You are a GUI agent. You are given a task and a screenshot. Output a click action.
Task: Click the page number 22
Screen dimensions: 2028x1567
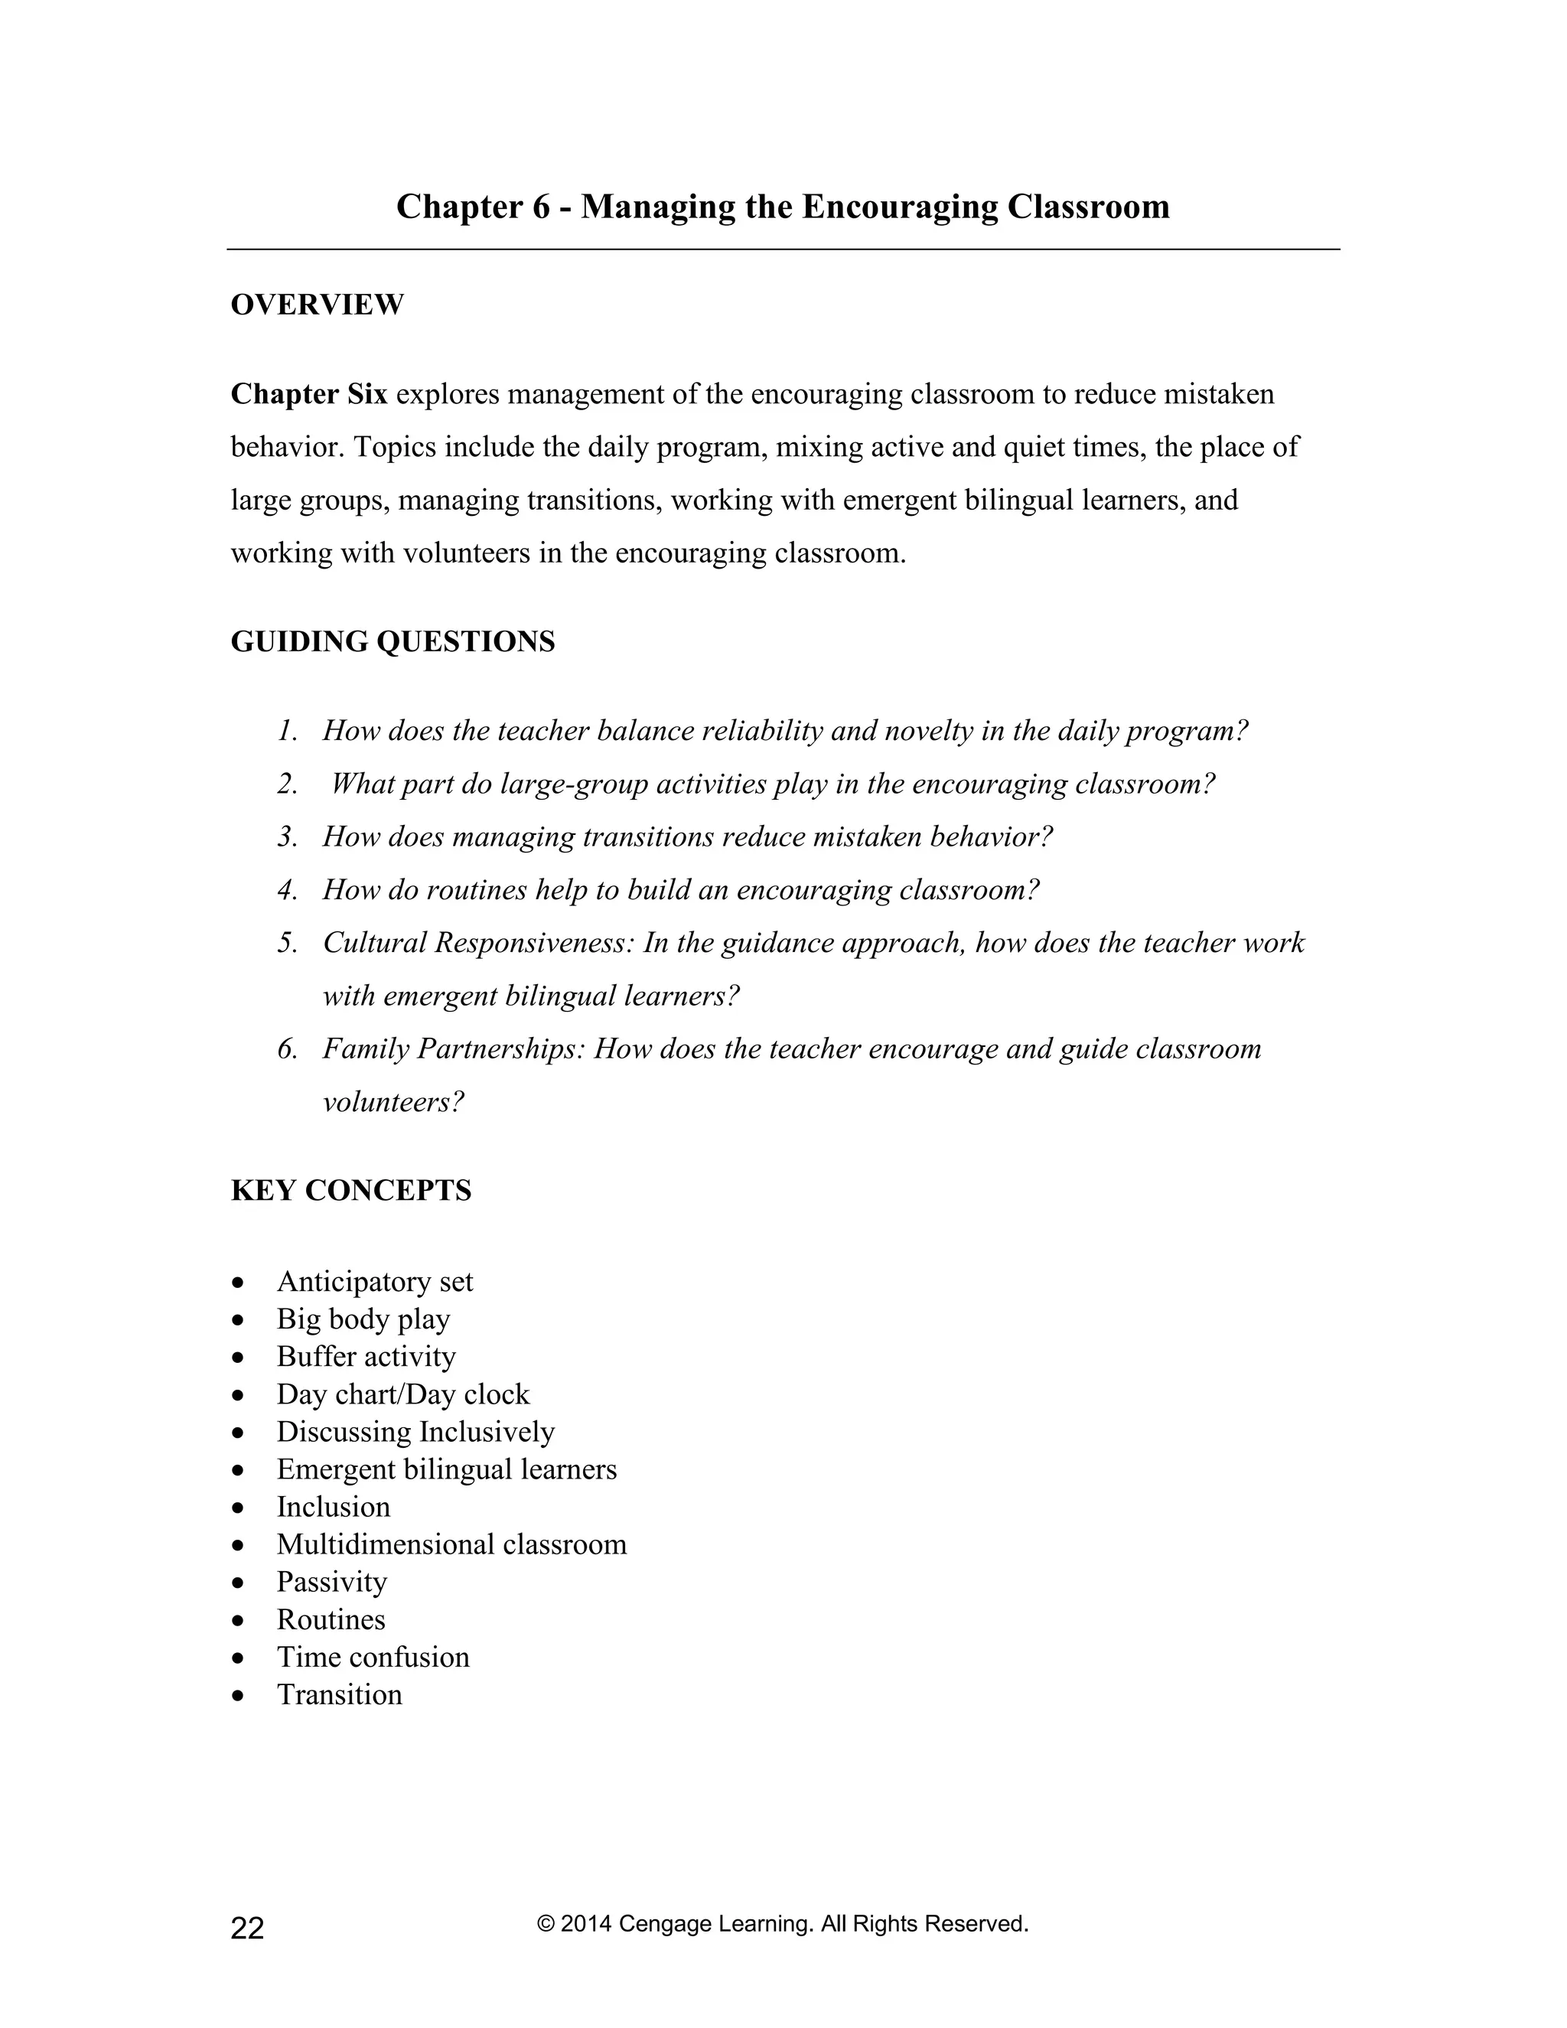coord(247,1929)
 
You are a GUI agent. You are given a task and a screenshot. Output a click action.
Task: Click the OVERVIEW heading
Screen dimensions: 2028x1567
coord(317,305)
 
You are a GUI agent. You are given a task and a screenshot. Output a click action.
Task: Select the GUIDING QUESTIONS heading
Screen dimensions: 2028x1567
coord(392,641)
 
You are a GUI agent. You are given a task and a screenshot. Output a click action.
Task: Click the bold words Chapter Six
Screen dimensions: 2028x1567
coord(308,395)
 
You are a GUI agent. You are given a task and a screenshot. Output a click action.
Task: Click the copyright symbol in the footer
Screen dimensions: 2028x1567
coord(545,1924)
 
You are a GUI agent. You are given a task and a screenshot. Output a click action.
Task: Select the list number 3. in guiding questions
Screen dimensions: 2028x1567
coord(287,837)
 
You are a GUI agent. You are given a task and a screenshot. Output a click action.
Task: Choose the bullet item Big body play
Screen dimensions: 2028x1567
coord(363,1319)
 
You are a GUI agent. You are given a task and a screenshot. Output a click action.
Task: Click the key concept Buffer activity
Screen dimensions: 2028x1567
coord(366,1357)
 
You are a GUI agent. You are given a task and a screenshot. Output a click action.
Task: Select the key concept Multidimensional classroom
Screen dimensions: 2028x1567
coord(451,1544)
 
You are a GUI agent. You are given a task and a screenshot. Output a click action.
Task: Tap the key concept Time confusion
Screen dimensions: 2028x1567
coord(373,1657)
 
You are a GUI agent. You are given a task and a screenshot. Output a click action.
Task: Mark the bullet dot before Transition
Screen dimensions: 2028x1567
coord(239,1696)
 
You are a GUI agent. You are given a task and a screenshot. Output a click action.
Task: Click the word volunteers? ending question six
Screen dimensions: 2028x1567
coord(393,1102)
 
